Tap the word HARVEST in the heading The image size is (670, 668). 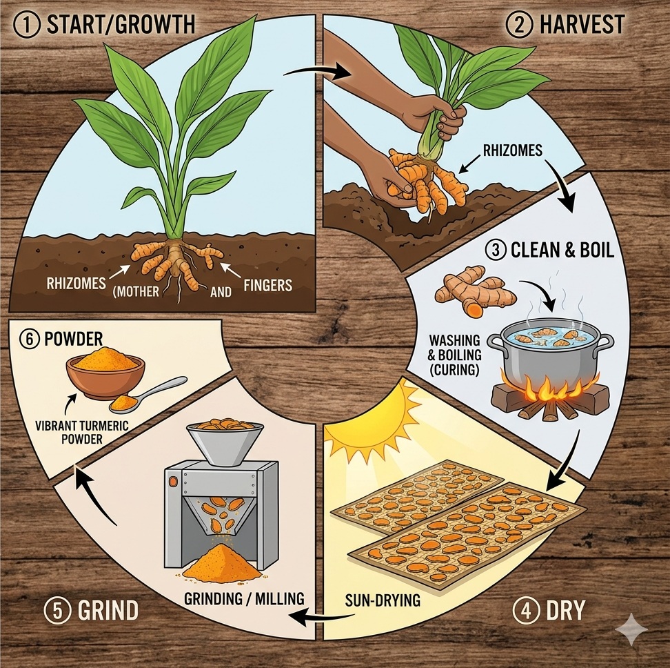(x=582, y=24)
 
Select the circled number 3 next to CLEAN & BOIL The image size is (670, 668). (x=496, y=250)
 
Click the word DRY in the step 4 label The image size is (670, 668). (x=565, y=611)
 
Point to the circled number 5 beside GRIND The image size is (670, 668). (x=57, y=611)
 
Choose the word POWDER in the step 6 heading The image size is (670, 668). (x=74, y=339)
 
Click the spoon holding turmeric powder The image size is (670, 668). (x=147, y=395)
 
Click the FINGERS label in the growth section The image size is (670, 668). (x=268, y=285)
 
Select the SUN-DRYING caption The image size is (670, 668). (x=383, y=600)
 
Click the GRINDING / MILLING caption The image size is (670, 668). (x=244, y=599)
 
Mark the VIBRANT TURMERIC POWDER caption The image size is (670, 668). (x=81, y=433)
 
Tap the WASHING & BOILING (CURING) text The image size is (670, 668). (x=455, y=355)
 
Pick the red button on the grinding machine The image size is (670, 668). (x=172, y=482)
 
